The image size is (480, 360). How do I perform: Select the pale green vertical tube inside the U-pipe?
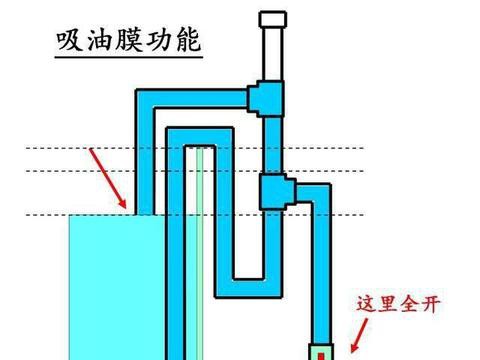[x=200, y=250]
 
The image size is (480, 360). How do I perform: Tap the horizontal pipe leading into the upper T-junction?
[x=200, y=98]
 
